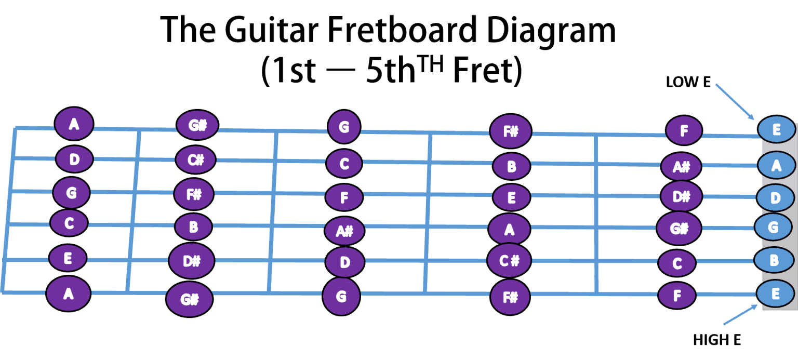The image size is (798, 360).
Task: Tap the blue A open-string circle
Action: click(776, 165)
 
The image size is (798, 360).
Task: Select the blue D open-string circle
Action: click(775, 198)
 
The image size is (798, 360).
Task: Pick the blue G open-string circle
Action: click(773, 228)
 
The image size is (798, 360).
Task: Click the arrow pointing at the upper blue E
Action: click(735, 101)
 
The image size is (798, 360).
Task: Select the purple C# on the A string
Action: click(195, 160)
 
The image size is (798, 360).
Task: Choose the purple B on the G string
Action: click(193, 227)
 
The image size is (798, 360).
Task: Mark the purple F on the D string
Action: click(344, 197)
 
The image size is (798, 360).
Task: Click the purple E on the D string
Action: click(511, 197)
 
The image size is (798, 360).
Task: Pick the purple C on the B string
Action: click(677, 263)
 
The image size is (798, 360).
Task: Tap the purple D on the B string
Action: click(345, 262)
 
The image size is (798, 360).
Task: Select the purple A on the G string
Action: click(509, 229)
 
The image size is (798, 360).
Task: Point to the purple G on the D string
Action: click(72, 193)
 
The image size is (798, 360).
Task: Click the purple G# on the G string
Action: click(679, 228)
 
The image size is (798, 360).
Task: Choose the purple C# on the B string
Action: click(509, 261)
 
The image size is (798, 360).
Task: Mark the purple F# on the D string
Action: click(194, 194)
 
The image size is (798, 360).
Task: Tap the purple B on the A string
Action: click(511, 166)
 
